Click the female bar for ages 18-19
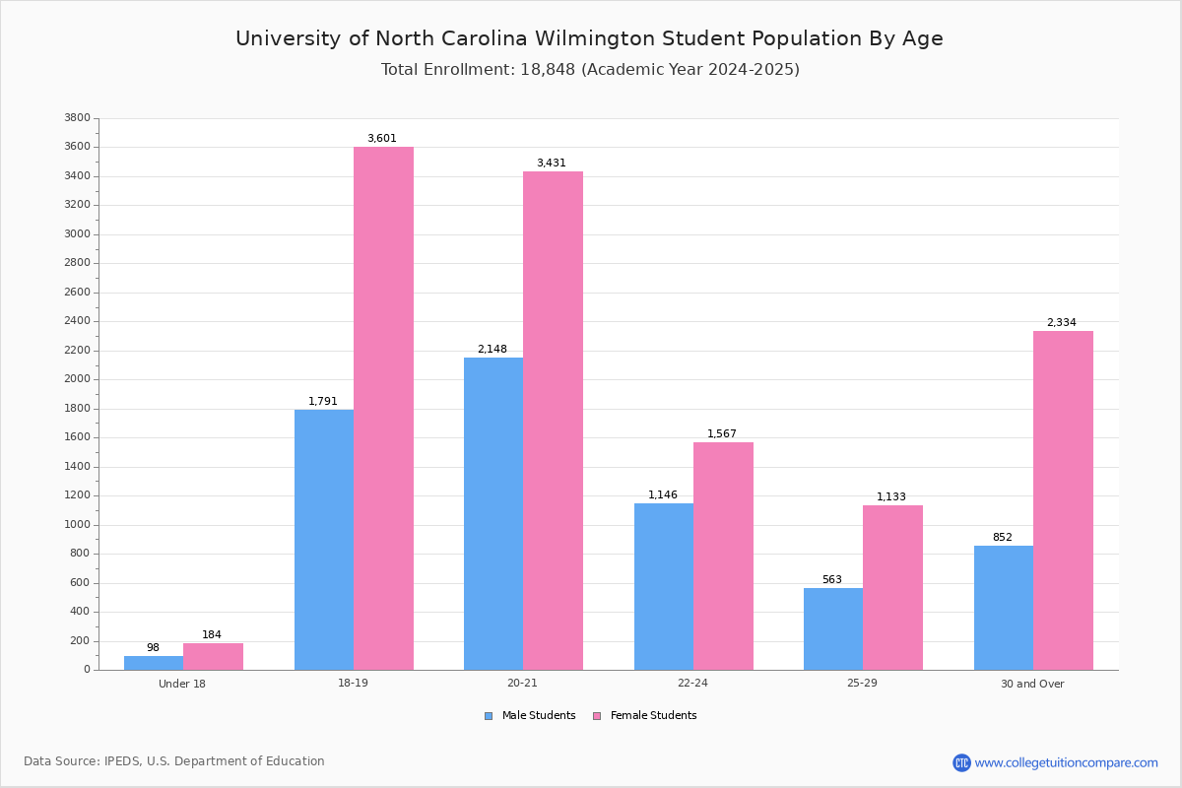click(x=383, y=408)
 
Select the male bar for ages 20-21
click(x=493, y=513)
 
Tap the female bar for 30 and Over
click(x=1063, y=500)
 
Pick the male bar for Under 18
click(x=154, y=663)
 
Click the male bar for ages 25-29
click(x=833, y=628)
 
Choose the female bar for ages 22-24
click(x=723, y=556)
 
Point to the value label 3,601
click(x=382, y=139)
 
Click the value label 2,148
click(x=492, y=350)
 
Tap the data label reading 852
click(x=1002, y=538)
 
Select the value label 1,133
click(x=891, y=497)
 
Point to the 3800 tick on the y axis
click(x=77, y=118)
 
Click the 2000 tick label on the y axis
click(x=77, y=379)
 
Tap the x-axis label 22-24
click(x=692, y=684)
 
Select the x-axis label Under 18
click(x=182, y=684)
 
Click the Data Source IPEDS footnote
click(x=174, y=761)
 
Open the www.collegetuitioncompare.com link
click(x=1066, y=762)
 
